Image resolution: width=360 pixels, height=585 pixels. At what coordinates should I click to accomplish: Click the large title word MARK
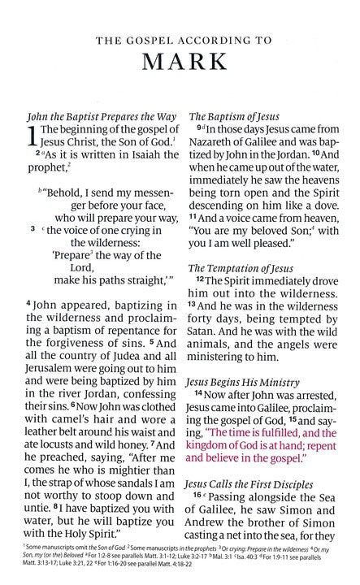pos(180,63)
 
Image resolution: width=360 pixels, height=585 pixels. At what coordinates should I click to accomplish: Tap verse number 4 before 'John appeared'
pos(28,303)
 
